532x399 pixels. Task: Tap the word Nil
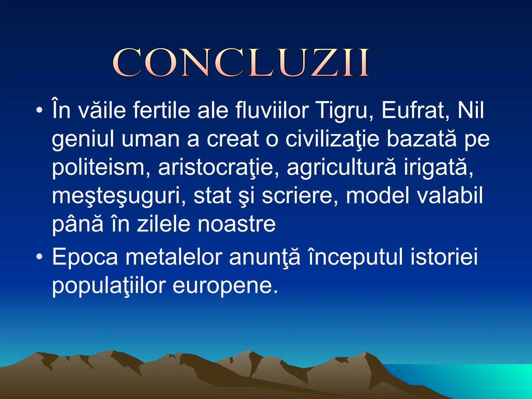click(x=470, y=110)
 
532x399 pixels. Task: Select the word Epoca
click(x=85, y=257)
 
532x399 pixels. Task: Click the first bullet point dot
click(x=39, y=110)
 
